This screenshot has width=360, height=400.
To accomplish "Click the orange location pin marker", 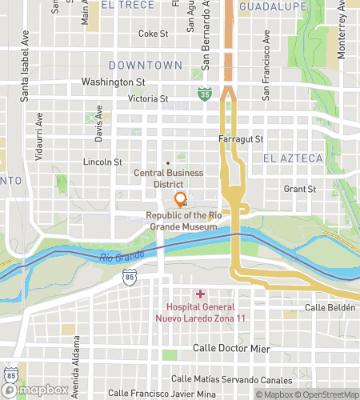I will [181, 199].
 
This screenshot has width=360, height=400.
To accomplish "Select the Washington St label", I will [113, 82].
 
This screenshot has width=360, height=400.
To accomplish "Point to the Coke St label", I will [153, 34].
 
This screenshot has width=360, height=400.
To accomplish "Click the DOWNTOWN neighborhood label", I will [145, 64].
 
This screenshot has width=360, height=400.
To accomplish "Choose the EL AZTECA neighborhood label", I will [292, 158].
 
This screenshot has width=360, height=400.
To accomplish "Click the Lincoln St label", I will [102, 161].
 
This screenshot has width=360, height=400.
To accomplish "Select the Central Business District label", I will [168, 178].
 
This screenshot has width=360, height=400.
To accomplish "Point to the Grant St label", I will [301, 190].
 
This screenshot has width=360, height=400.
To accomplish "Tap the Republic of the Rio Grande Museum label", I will [181, 222].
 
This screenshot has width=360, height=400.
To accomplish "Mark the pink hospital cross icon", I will [200, 294].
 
